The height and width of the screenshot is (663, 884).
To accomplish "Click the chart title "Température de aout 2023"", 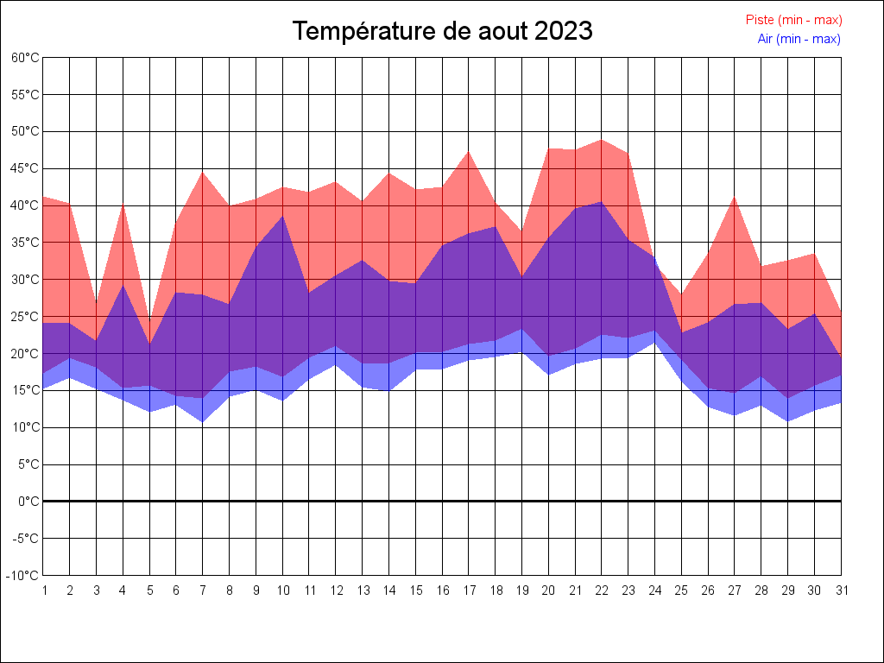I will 442,31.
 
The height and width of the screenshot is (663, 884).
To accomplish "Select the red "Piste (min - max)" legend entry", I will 793,20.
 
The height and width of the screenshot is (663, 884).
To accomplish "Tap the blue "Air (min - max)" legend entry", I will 799,39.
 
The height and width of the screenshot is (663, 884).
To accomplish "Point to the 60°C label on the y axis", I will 25,58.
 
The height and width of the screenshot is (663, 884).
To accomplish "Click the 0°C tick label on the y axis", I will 28,502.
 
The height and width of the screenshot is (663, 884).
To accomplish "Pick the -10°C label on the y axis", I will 23,576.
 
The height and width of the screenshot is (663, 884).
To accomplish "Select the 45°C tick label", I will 25,168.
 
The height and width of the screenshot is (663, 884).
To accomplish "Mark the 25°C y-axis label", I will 25,316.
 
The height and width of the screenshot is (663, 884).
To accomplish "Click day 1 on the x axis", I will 43,590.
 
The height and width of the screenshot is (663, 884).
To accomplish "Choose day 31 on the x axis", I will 841,590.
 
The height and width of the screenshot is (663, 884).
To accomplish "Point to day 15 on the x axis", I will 415,590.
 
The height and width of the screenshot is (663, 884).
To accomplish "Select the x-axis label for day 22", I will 602,590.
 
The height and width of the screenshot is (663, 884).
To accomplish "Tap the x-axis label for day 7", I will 203,590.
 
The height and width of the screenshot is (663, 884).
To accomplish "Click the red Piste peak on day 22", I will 602,140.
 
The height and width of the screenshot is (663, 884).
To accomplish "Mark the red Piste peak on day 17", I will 469,152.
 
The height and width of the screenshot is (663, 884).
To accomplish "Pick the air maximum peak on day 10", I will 282,216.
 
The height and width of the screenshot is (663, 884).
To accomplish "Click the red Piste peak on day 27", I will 735,198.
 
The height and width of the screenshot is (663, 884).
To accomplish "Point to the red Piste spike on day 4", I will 123,204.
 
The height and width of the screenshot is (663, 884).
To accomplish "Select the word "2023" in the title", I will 563,31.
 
